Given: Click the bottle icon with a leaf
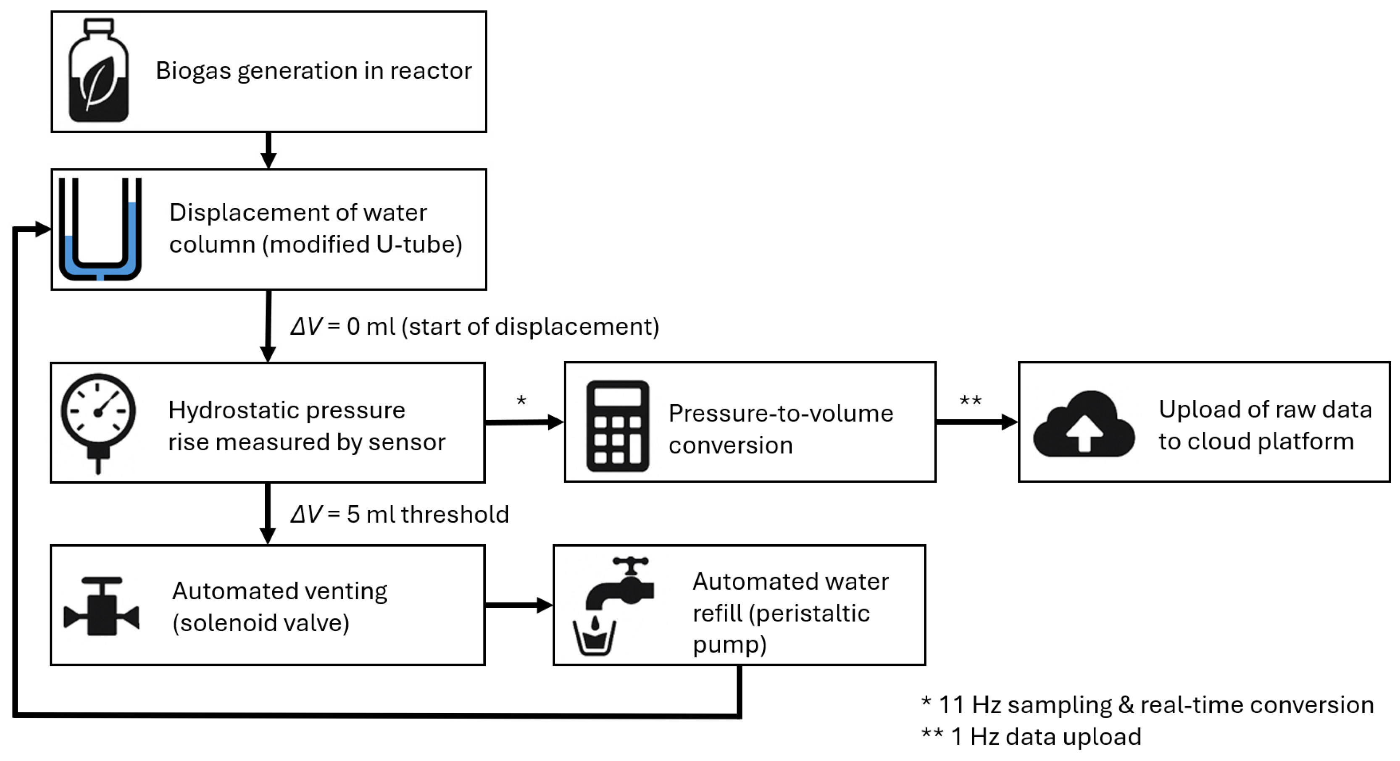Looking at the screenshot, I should (98, 71).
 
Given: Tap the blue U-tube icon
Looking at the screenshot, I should (100, 229).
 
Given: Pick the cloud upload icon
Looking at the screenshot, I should (1083, 424).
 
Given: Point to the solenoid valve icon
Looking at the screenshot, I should (102, 606).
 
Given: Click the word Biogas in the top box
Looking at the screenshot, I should (193, 71).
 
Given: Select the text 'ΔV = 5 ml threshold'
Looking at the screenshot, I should (400, 514).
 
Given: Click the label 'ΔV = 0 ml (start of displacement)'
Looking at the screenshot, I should (474, 326).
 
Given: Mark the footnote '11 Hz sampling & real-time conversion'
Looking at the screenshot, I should (1155, 705).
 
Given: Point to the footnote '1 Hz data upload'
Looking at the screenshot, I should (1046, 737).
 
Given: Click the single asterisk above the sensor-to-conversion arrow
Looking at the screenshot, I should (521, 401).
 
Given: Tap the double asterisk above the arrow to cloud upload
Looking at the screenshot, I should (970, 401).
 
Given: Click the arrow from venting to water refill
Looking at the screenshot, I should (518, 605).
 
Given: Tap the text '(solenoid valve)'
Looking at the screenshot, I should (261, 622).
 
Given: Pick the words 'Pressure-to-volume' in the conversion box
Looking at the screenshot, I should (780, 413).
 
